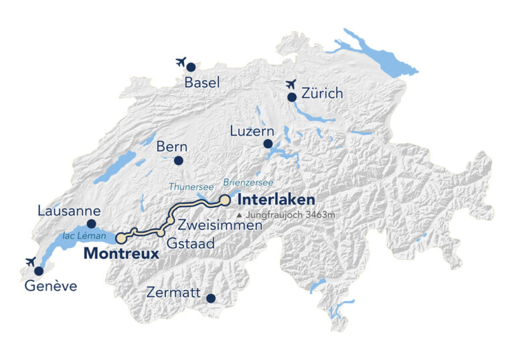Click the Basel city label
201,83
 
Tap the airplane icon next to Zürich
290,84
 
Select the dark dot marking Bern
178,160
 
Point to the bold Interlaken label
276,200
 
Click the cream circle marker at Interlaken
226,200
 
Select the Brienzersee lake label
249,182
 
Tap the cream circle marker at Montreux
120,238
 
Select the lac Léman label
84,236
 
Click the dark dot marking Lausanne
92,224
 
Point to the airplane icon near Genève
29,261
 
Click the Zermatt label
175,293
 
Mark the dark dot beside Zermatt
210,298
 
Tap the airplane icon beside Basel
180,62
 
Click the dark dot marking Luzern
268,144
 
